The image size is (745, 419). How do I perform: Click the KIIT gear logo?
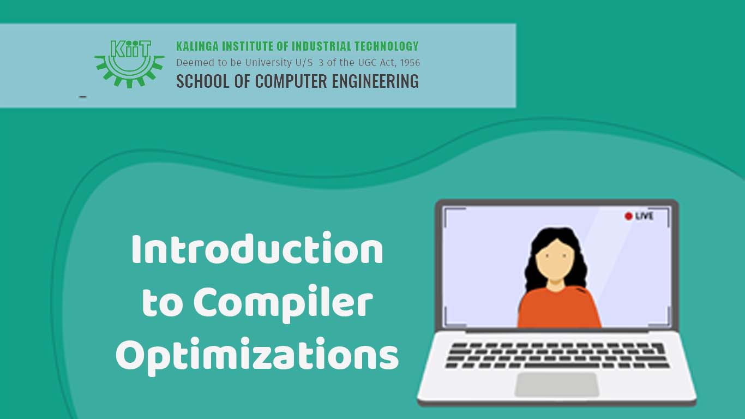[129, 63]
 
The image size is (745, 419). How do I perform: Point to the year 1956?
[409, 63]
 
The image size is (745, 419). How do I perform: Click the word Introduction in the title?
[257, 250]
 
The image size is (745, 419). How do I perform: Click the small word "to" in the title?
[159, 304]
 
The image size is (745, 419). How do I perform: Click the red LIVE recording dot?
[628, 216]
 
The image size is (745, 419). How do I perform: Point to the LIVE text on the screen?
[644, 216]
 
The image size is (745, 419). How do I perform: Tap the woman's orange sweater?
[558, 308]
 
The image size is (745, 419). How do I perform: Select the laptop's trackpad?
[556, 384]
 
